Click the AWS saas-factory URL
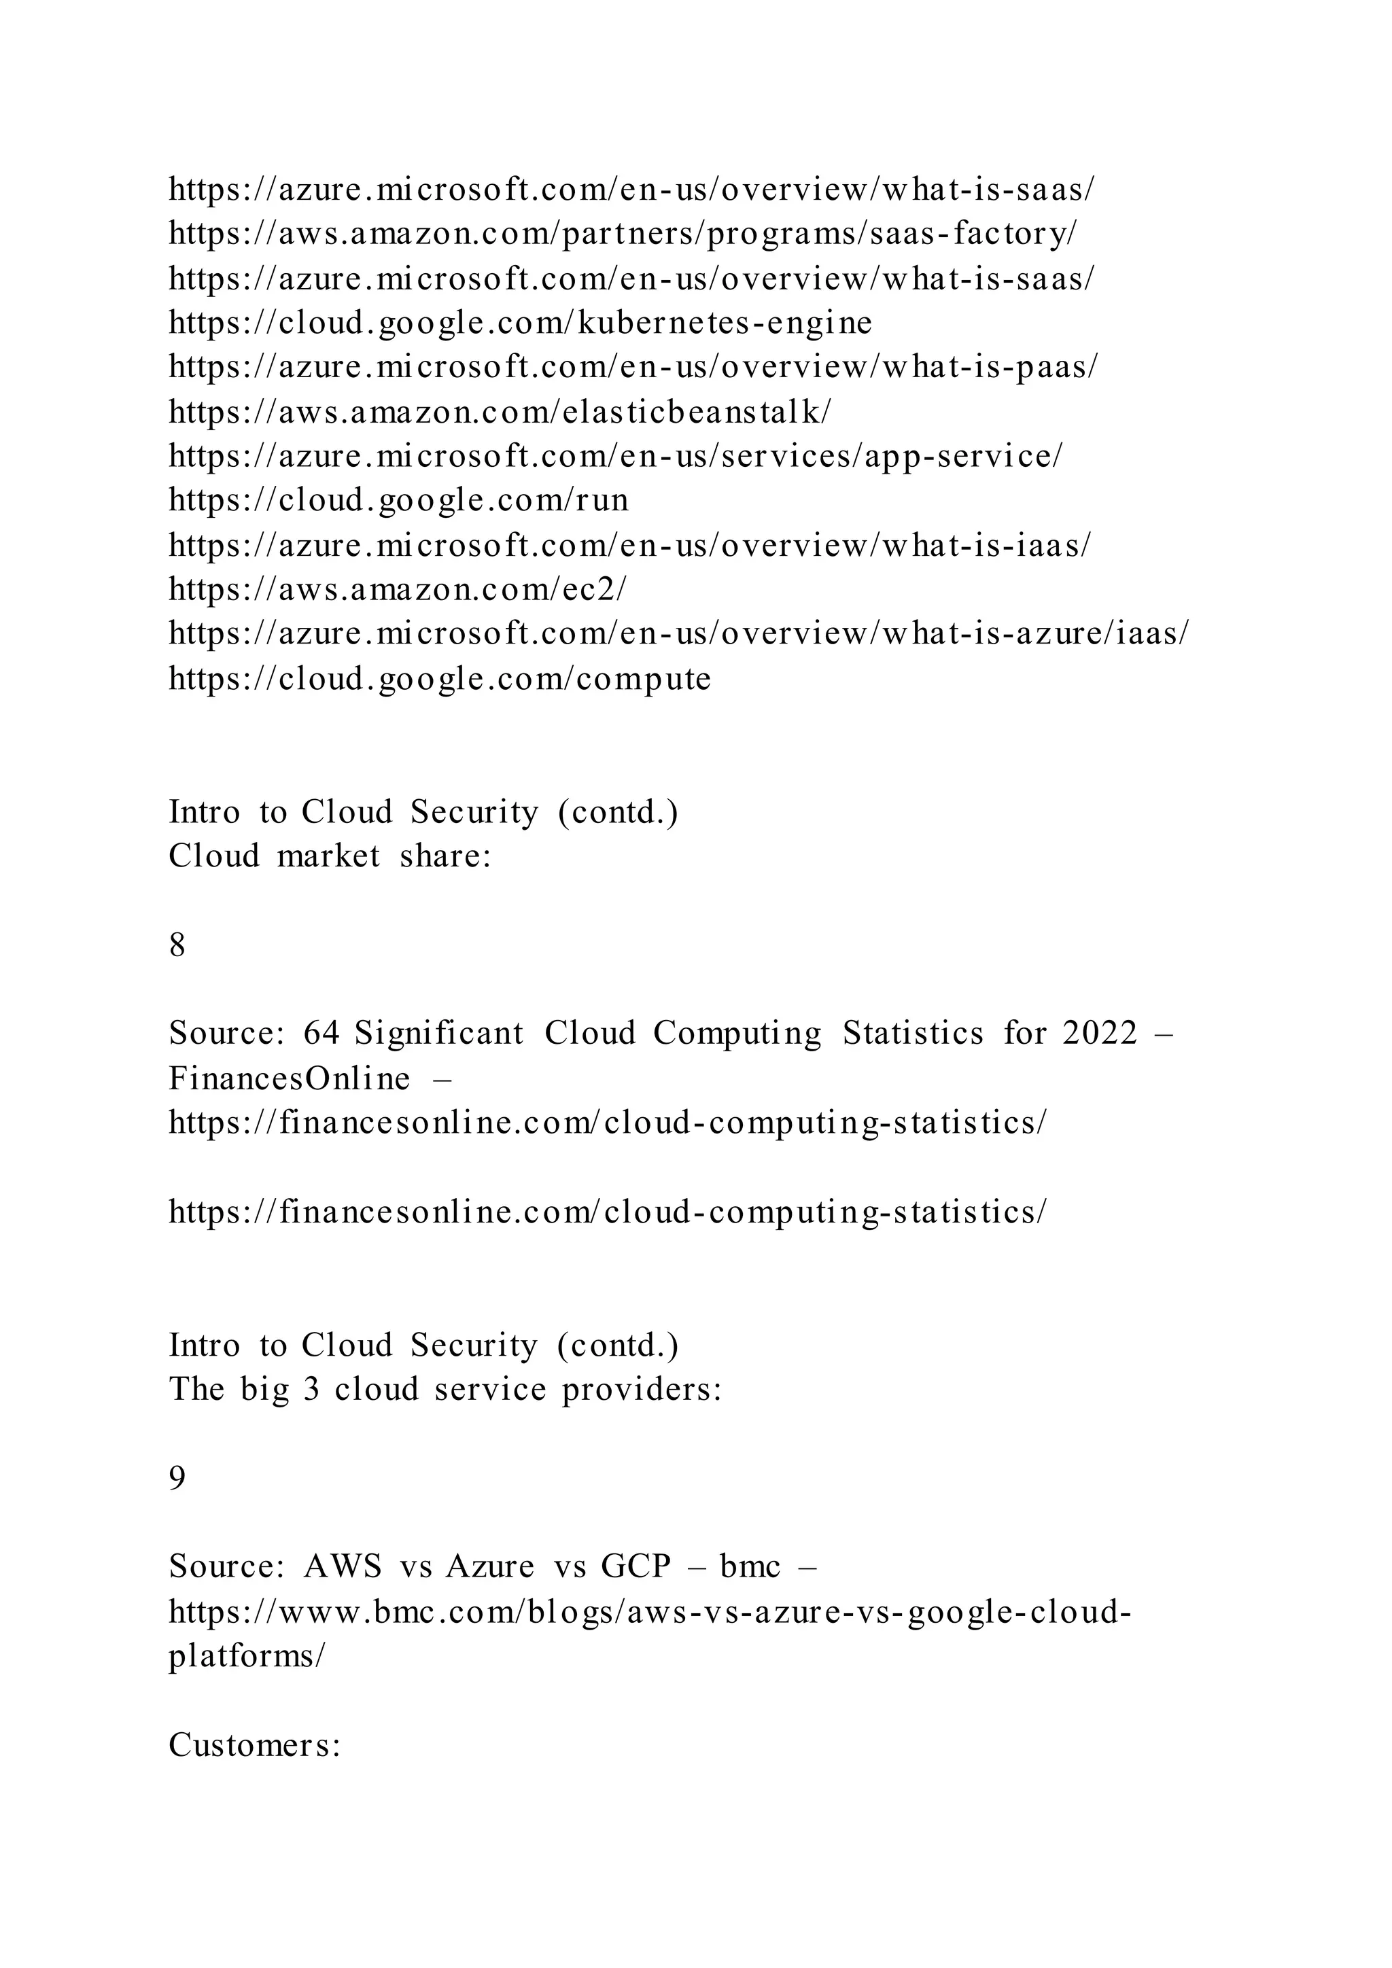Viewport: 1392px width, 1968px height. click(x=623, y=233)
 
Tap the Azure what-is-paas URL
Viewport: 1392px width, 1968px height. click(x=633, y=367)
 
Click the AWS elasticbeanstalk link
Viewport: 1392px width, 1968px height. click(x=500, y=412)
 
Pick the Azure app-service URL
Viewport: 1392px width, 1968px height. click(x=614, y=456)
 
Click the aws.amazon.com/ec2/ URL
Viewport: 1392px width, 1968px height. click(x=398, y=589)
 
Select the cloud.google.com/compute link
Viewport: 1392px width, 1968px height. click(x=440, y=679)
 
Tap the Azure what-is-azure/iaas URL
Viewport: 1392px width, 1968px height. click(x=679, y=633)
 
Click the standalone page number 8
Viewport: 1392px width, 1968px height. click(x=177, y=945)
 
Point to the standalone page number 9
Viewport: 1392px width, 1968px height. click(x=177, y=1477)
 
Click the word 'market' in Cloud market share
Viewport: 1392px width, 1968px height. click(x=328, y=856)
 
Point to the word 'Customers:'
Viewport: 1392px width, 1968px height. click(x=256, y=1744)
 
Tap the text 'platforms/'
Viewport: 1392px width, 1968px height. click(x=247, y=1655)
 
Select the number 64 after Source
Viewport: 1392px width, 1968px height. click(x=321, y=1033)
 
